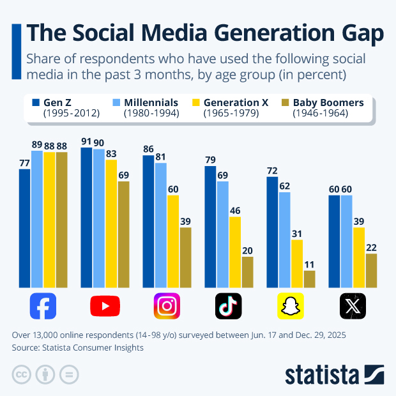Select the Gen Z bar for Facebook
click(25, 228)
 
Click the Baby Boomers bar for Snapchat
click(309, 279)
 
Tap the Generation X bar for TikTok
click(235, 252)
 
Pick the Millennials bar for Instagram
click(161, 225)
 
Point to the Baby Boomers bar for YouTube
click(124, 234)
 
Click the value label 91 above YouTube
click(86, 142)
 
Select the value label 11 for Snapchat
click(309, 264)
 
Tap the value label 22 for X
click(371, 247)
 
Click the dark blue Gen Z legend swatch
click(36, 102)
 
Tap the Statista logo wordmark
click(323, 374)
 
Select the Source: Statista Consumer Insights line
click(78, 347)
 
